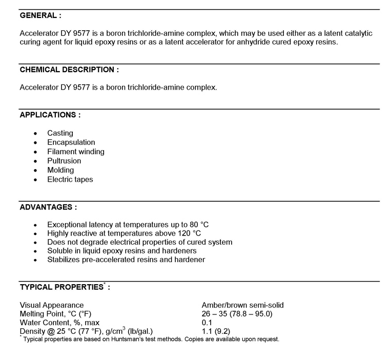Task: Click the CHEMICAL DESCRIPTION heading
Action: pos(69,70)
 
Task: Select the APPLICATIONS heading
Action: pos(50,115)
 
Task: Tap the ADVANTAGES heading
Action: pos(48,207)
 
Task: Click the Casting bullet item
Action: pos(60,133)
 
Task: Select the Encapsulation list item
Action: pos(71,142)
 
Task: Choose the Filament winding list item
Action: pos(76,152)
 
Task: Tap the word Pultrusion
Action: pos(64,161)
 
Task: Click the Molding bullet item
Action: pos(60,170)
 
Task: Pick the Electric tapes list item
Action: pos(70,179)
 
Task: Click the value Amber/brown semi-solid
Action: pos(243,305)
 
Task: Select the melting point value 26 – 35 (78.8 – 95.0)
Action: pos(237,314)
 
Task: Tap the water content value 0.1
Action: pos(208,323)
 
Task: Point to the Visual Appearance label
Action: pos(52,305)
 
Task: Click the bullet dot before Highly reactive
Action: pos(35,233)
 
